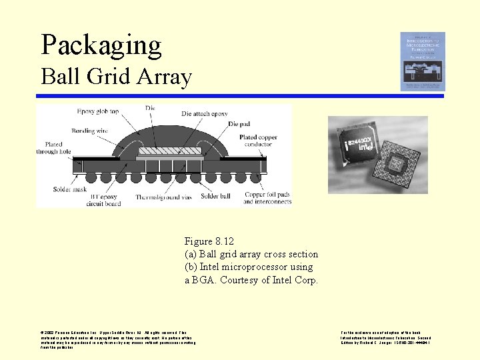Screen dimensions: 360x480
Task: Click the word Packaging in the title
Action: click(x=101, y=45)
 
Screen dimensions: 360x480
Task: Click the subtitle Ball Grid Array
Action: click(x=116, y=77)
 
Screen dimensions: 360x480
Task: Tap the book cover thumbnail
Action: click(x=422, y=61)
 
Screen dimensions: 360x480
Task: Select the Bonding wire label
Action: click(x=90, y=131)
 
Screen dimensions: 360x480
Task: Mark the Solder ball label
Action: click(x=215, y=196)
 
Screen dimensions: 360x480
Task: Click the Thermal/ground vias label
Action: click(x=164, y=197)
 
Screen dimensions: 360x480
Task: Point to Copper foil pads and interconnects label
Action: click(x=267, y=197)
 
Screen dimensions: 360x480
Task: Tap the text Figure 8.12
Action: click(x=209, y=241)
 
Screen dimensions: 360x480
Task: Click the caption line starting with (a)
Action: click(x=251, y=254)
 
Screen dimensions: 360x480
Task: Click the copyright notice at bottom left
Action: click(x=118, y=339)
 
